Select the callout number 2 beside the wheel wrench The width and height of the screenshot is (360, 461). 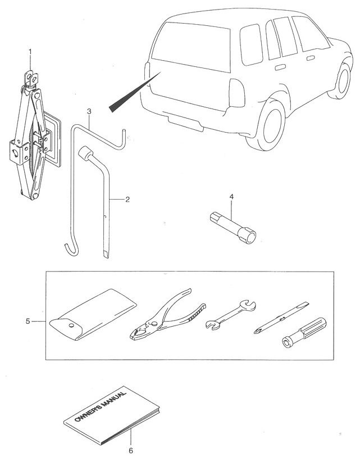[x=128, y=199]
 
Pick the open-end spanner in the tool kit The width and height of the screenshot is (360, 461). [x=230, y=315]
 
